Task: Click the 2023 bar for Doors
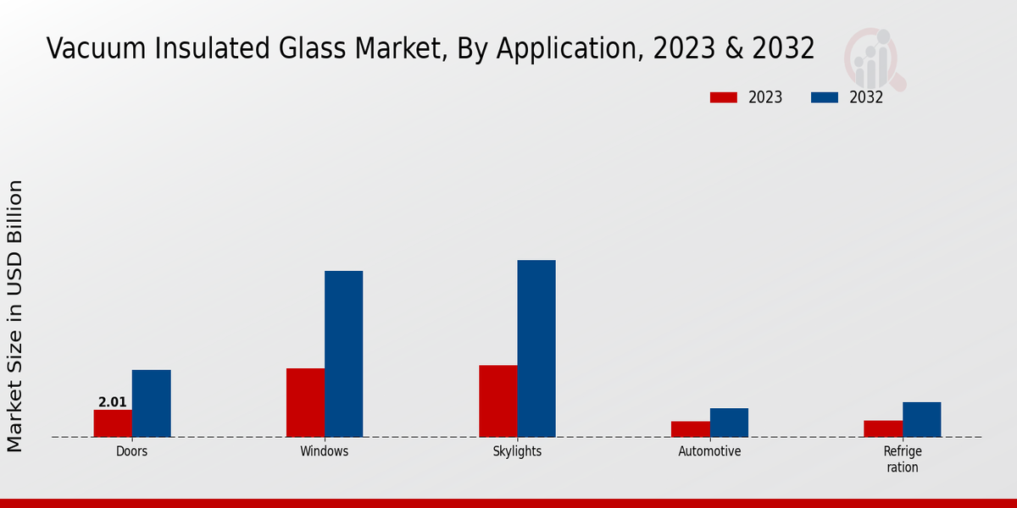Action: click(x=113, y=423)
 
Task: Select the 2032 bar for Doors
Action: click(x=151, y=403)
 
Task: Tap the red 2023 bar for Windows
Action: click(x=305, y=402)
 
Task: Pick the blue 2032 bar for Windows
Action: click(x=343, y=354)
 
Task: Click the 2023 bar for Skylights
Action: click(x=497, y=400)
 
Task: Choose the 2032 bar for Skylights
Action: click(x=536, y=348)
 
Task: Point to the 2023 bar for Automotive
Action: click(x=690, y=429)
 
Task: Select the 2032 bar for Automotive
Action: click(x=729, y=422)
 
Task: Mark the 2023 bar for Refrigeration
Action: click(x=882, y=428)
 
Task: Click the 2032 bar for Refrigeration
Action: click(x=921, y=419)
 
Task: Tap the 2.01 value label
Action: click(x=113, y=402)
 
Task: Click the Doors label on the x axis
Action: click(x=131, y=452)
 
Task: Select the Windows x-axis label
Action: click(x=324, y=452)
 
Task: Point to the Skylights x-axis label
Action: click(x=517, y=452)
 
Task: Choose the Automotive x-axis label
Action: click(x=709, y=452)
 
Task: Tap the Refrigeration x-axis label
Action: click(x=902, y=459)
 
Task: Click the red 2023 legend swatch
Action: click(x=723, y=97)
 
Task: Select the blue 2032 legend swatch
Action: click(x=824, y=97)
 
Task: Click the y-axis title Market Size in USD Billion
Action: click(x=15, y=315)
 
